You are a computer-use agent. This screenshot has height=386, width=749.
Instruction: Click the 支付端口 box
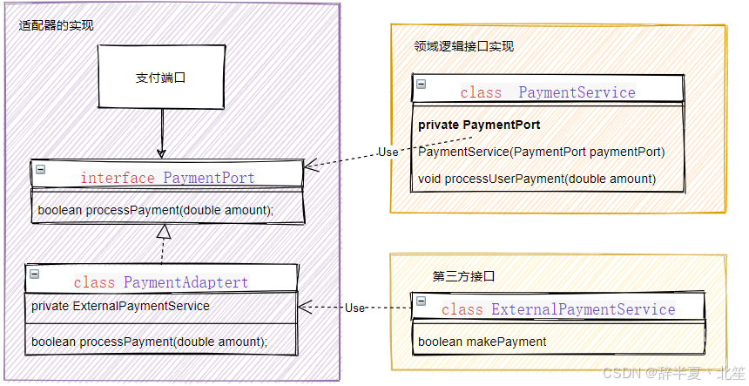point(162,78)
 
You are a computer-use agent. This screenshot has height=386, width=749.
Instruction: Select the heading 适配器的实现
point(56,26)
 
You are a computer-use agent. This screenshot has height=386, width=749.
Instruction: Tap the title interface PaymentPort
point(167,178)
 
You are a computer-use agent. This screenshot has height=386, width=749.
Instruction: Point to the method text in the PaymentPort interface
point(156,210)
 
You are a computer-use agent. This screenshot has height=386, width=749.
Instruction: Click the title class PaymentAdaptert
point(161,282)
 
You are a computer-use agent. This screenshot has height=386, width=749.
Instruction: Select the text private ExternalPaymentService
point(120,306)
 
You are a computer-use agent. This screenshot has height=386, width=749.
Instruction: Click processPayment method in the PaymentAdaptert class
point(149,342)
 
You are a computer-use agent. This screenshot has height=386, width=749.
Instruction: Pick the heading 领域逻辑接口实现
point(464,46)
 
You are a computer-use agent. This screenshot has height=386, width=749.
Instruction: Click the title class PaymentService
point(548,92)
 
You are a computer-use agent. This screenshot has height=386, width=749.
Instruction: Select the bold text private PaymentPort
point(479,125)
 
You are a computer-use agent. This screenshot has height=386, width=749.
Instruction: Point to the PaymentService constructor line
point(541,152)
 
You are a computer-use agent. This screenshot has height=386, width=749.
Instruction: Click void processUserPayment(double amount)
point(536,179)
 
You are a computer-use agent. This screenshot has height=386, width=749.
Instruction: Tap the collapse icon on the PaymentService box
point(422,84)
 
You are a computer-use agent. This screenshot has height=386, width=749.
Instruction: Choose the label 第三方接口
point(463,276)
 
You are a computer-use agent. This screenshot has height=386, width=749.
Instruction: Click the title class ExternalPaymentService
point(558,309)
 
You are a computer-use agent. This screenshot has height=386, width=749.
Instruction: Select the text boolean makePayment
point(482,342)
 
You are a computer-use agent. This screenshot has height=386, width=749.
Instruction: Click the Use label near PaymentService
point(388,152)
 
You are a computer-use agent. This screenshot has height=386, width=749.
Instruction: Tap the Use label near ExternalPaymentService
point(354,308)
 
